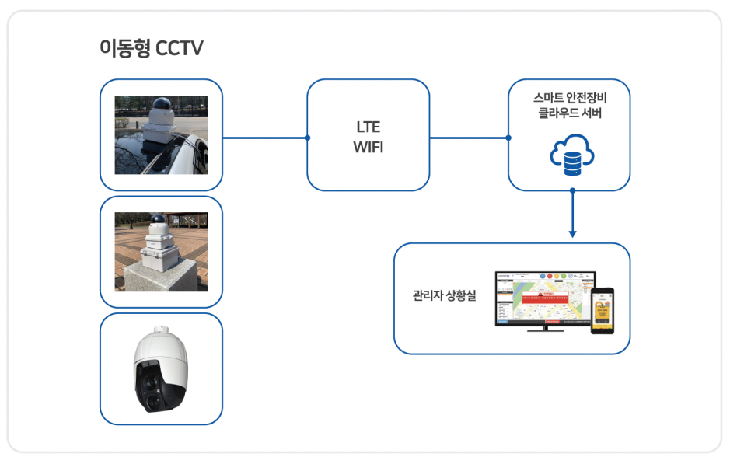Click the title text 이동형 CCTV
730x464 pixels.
(x=151, y=48)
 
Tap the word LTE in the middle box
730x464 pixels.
(x=368, y=127)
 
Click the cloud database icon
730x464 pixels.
(x=571, y=154)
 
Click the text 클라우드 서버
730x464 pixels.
(x=568, y=113)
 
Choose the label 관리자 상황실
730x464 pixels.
(x=444, y=296)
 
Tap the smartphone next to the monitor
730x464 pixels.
(x=602, y=310)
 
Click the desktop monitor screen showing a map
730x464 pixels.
(x=544, y=298)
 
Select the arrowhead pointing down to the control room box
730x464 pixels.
(x=572, y=232)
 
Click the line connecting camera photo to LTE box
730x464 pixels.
(x=264, y=138)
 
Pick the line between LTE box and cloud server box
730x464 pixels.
(x=469, y=138)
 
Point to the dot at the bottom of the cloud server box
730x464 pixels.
(x=572, y=190)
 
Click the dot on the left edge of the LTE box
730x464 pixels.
(x=308, y=138)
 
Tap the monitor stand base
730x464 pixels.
(x=545, y=330)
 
